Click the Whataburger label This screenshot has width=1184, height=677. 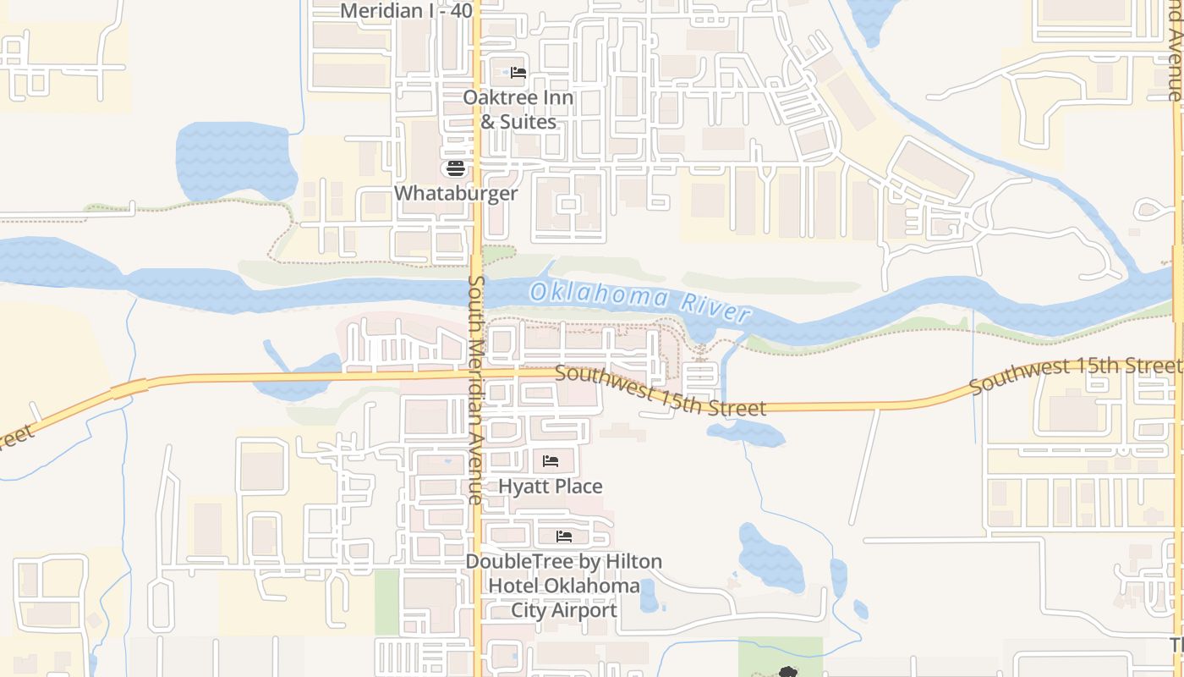(x=456, y=193)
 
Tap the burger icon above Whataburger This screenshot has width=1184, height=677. (x=456, y=168)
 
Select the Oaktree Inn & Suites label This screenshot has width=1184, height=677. (x=518, y=109)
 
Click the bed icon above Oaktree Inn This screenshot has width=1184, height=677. (x=518, y=73)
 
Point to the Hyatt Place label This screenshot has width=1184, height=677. (x=551, y=487)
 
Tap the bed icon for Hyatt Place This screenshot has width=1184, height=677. (x=551, y=461)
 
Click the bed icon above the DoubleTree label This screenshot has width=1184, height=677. (x=564, y=537)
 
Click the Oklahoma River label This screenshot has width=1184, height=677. (x=639, y=302)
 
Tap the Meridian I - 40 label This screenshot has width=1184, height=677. (x=406, y=11)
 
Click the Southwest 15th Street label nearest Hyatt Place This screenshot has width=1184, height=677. (x=661, y=392)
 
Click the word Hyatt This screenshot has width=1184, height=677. (x=522, y=487)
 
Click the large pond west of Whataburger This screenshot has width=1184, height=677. (x=235, y=161)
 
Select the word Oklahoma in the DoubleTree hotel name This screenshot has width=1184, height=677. (x=591, y=586)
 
